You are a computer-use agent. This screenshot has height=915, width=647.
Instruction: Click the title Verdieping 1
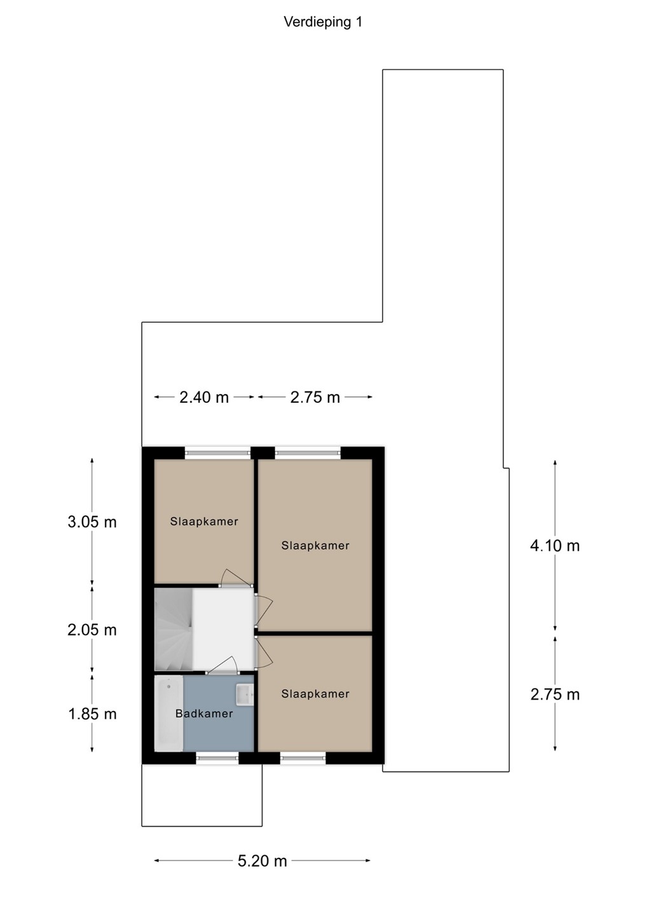tap(323, 22)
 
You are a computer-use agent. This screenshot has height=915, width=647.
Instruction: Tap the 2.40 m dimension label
tap(204, 397)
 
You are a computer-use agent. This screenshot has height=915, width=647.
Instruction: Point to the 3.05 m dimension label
tap(92, 522)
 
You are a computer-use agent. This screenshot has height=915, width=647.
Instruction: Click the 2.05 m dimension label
tap(92, 630)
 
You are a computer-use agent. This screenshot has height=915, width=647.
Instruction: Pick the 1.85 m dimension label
tap(92, 714)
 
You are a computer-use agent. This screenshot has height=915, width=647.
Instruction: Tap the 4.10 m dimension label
tap(555, 546)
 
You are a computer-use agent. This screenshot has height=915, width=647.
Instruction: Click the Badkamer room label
tap(204, 714)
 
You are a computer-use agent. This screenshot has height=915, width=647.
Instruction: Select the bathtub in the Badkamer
tap(168, 713)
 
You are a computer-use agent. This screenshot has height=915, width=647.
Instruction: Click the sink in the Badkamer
tap(244, 695)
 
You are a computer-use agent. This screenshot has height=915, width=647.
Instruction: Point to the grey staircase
tap(173, 630)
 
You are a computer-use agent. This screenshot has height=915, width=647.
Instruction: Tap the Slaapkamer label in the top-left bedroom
tap(204, 522)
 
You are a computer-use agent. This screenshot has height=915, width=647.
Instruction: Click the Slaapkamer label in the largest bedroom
tap(315, 545)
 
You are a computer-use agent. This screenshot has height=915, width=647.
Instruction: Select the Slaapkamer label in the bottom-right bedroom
tap(315, 694)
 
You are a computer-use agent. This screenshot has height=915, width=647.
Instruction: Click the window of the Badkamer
tap(217, 759)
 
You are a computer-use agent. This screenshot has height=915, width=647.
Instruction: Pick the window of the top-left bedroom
tap(217, 452)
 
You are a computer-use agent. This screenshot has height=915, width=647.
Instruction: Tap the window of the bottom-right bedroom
tap(303, 759)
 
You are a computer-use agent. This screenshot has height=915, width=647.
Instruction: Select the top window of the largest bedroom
tap(308, 452)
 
